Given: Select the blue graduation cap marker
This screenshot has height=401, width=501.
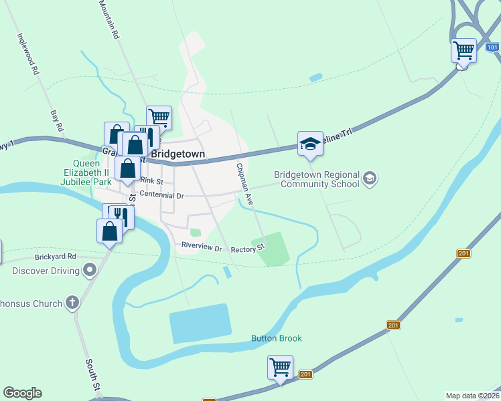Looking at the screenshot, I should [x=310, y=144].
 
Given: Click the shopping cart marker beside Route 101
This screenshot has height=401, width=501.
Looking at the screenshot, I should [x=463, y=50].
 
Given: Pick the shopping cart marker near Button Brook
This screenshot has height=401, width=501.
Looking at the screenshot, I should [x=280, y=367].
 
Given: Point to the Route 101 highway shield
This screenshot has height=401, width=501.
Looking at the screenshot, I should [x=492, y=47].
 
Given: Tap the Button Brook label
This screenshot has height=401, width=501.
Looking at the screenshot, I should [x=276, y=338].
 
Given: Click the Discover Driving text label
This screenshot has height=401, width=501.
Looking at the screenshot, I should [x=45, y=271].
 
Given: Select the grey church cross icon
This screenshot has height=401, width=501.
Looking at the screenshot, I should [x=72, y=303].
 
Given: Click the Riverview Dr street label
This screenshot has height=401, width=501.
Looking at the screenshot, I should [x=202, y=247].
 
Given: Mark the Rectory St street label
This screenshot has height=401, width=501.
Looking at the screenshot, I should [x=248, y=249].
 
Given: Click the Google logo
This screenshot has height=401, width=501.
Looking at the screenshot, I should [x=22, y=393].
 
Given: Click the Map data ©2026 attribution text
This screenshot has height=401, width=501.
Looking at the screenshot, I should [x=472, y=396].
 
